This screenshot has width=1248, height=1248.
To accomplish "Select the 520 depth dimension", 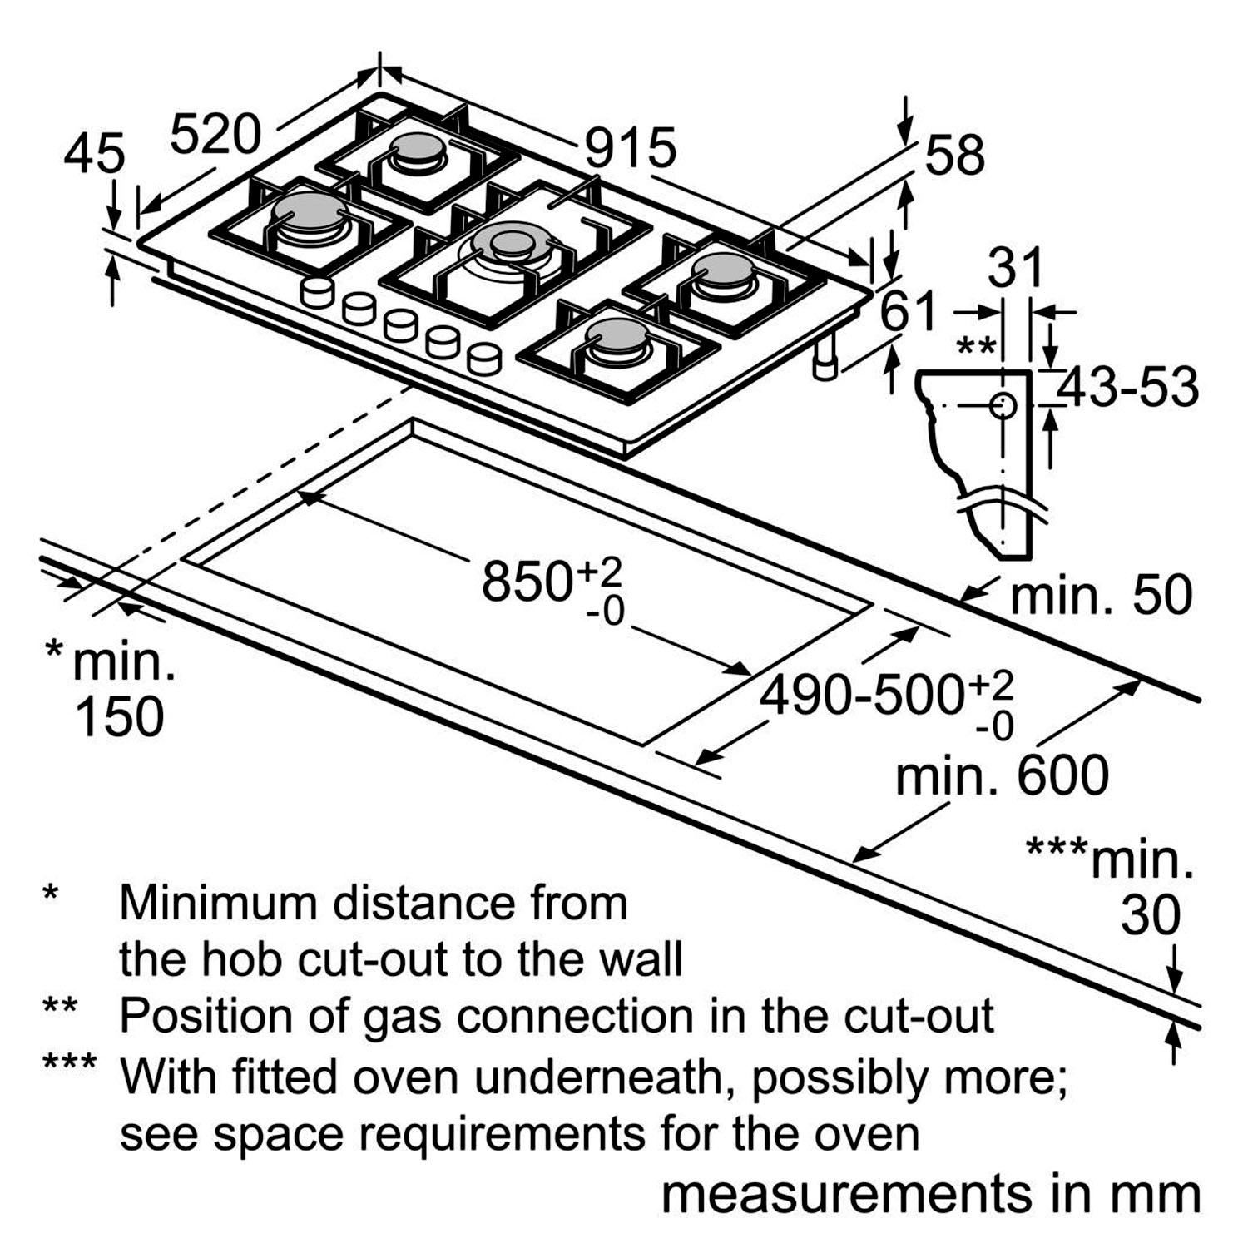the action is (215, 134).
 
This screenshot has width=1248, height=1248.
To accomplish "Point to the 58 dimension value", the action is (954, 154).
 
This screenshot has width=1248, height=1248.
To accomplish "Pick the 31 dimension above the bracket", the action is (1015, 268).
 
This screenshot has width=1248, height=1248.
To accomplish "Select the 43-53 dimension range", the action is (1127, 387).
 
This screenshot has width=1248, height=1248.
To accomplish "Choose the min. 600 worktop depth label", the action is (1002, 775).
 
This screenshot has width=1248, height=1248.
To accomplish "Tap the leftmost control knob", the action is (317, 292).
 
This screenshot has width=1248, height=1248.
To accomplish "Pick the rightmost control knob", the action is (484, 359).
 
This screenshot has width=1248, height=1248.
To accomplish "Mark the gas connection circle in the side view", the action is (1003, 406).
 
